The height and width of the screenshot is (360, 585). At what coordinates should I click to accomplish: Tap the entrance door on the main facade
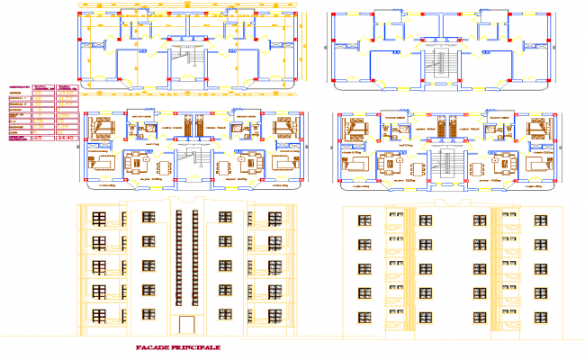[186, 326]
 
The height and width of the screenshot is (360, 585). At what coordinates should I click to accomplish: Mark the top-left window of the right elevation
[365, 221]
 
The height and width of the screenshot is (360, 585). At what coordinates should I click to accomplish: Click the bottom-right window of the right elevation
[539, 316]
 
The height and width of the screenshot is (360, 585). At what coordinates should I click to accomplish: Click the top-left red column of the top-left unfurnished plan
[80, 16]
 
